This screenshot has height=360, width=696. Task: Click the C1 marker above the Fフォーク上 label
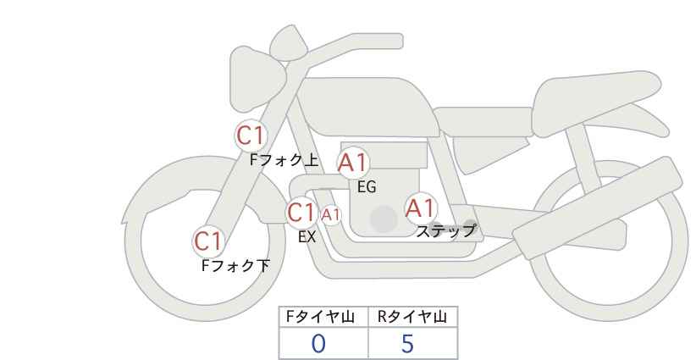click(x=251, y=136)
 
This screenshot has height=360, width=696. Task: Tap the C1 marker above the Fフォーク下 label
click(x=208, y=241)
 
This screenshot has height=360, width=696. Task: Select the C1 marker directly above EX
click(x=301, y=212)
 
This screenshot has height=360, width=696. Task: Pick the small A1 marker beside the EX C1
click(x=331, y=215)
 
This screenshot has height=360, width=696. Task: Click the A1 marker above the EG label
click(x=353, y=163)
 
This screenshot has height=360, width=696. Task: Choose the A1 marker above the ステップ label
click(x=420, y=208)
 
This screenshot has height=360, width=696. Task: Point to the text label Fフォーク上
click(x=284, y=160)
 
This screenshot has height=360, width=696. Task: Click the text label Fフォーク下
click(x=235, y=266)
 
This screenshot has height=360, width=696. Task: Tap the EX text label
click(x=307, y=237)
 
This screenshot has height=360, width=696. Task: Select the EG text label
click(x=367, y=187)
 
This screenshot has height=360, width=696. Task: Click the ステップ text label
click(x=445, y=231)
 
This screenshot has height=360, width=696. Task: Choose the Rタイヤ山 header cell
click(x=413, y=317)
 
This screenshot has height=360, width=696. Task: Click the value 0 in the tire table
click(x=318, y=344)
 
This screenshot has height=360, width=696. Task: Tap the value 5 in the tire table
click(x=407, y=344)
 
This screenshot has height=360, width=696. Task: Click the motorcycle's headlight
click(x=257, y=80)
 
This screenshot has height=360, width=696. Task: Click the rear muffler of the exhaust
click(x=597, y=208)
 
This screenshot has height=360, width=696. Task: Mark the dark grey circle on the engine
click(x=384, y=219)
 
